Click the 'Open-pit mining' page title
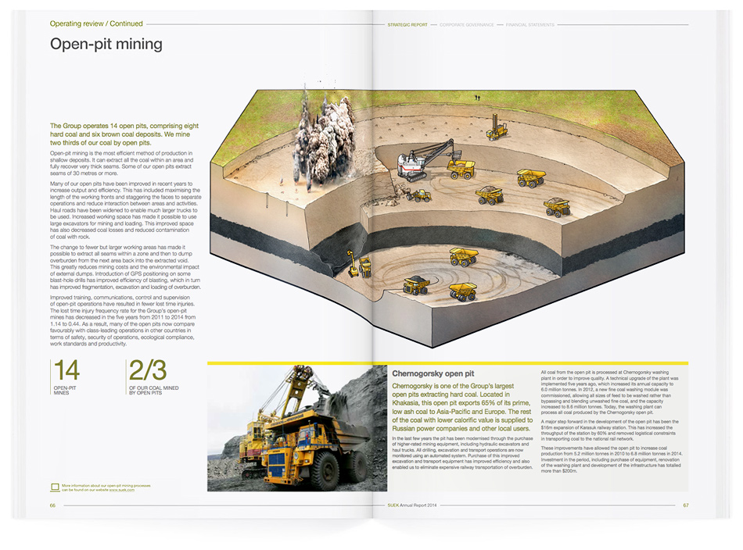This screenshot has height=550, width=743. pos(106,44)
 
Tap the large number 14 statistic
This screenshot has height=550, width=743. pos(66,370)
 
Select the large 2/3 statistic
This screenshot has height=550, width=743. pos(148,370)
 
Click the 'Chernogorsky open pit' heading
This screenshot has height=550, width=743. pos(433,374)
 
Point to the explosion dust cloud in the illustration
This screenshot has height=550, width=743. pos(321,134)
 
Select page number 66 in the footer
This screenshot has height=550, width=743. pos(52,505)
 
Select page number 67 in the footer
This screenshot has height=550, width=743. pos(685,505)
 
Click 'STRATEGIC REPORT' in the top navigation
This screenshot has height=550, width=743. pos(407,25)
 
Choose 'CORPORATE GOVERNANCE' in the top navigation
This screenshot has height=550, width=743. pos(466,25)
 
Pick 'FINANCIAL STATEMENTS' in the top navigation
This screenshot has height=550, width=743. pos(530,25)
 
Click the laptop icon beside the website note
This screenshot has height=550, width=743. pos(54,487)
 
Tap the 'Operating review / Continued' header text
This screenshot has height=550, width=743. pos(96,23)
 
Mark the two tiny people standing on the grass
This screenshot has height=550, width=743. pos(476,97)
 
